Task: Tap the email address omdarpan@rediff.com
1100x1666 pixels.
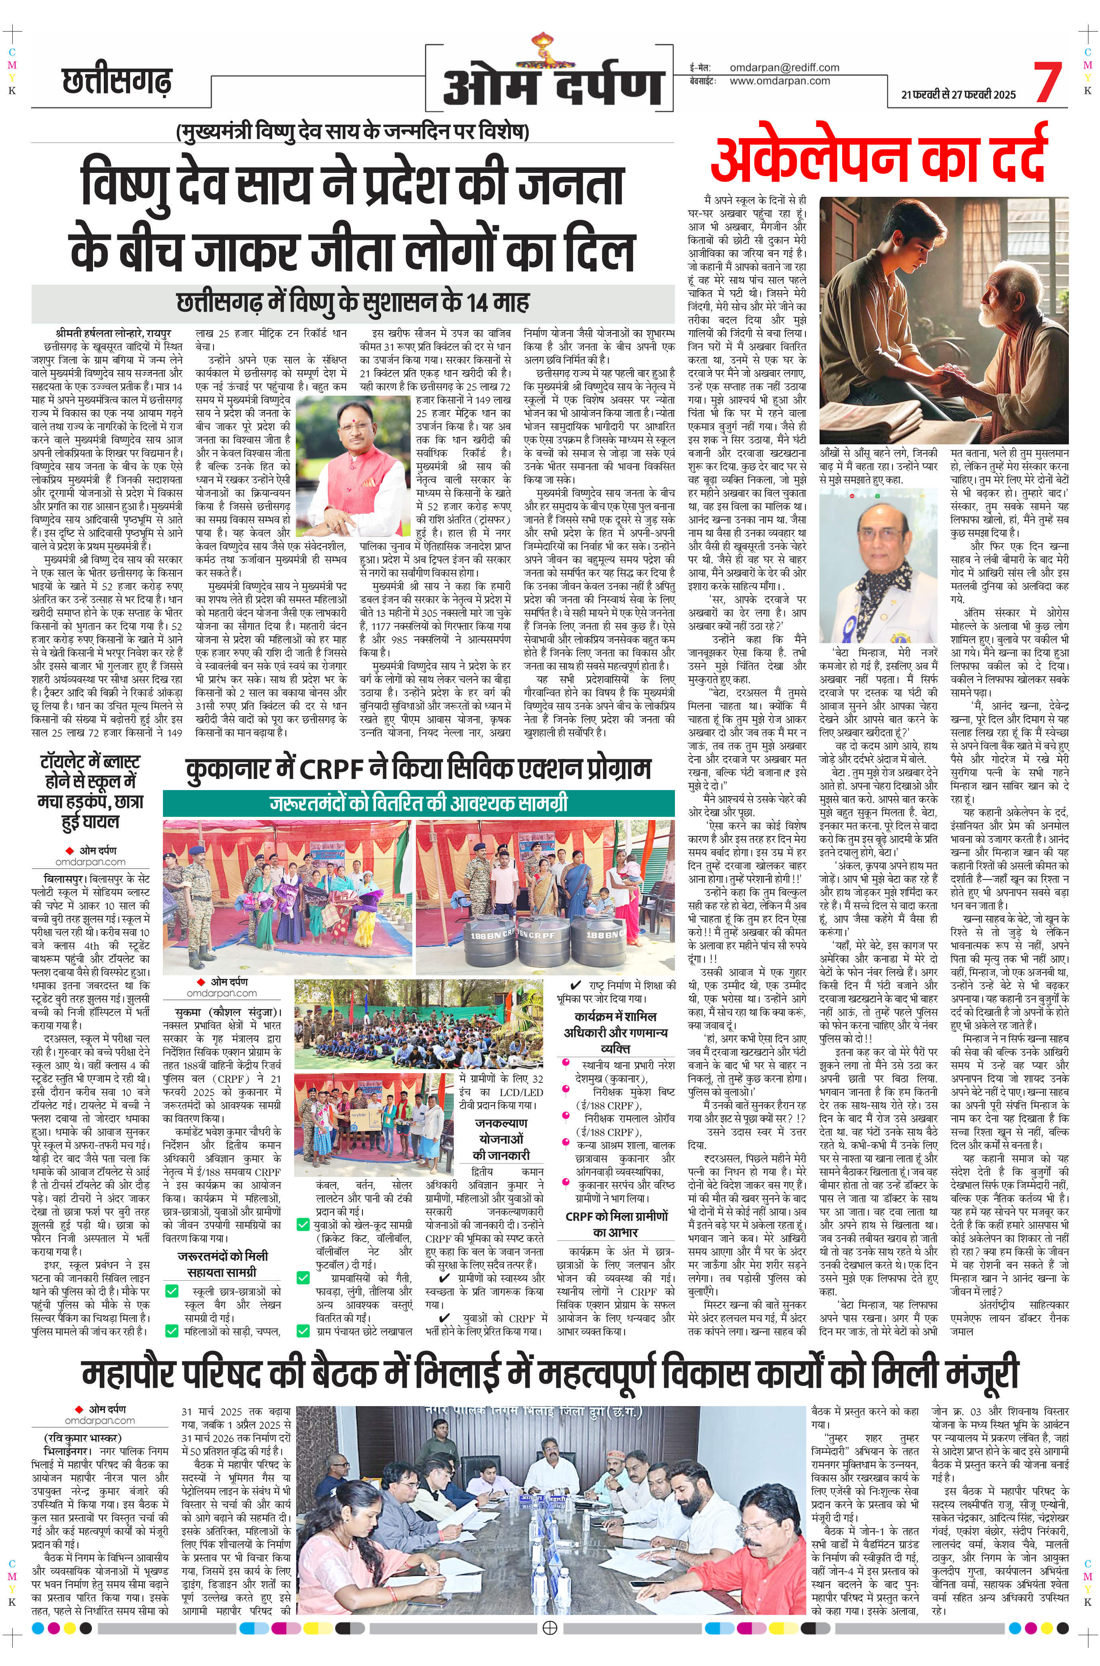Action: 784,67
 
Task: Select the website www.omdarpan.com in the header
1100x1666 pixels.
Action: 779,81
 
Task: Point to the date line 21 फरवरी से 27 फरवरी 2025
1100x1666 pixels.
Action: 959,95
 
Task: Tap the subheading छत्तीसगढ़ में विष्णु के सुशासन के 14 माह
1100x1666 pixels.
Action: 353,303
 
